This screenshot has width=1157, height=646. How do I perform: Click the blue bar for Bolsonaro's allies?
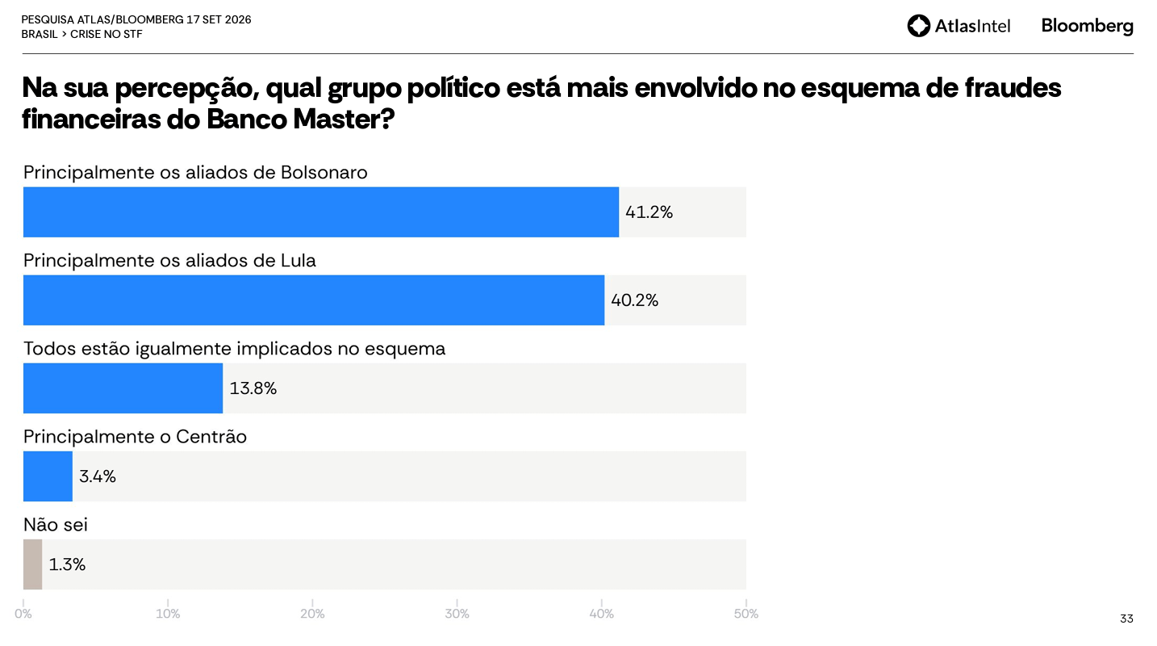coord(321,212)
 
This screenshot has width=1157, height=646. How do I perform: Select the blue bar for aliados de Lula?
coord(314,300)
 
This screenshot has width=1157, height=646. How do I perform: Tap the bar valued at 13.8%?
coord(123,388)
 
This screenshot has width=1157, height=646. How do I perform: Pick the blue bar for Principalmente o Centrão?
coord(48,476)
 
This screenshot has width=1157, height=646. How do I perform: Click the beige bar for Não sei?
coord(32,564)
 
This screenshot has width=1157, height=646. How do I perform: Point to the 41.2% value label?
coord(649,212)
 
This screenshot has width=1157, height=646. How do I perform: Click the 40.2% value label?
coord(634,300)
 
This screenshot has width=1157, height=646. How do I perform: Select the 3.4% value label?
coord(97,476)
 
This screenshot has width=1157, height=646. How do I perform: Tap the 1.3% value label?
coord(67,564)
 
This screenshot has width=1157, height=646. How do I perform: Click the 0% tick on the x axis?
coord(23,614)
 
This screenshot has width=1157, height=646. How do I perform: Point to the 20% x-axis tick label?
coord(312,614)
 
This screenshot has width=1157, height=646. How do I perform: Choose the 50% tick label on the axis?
coord(746,614)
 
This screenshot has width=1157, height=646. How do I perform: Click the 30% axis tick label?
coord(457,614)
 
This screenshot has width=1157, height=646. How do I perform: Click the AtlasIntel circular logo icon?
coord(918,26)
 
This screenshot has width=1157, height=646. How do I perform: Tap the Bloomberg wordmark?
coord(1088,26)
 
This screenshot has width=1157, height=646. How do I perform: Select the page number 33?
coord(1126,619)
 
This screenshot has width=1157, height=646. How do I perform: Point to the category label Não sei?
coord(56,525)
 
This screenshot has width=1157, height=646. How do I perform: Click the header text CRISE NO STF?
coord(106,34)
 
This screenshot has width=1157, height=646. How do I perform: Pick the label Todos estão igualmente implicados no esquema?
coord(235,349)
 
